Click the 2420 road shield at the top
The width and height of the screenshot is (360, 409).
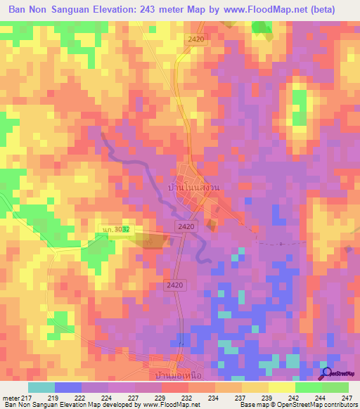(x=195, y=40)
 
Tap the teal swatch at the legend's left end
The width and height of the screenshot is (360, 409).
(x=41, y=387)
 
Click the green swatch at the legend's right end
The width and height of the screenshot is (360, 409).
(x=335, y=387)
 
